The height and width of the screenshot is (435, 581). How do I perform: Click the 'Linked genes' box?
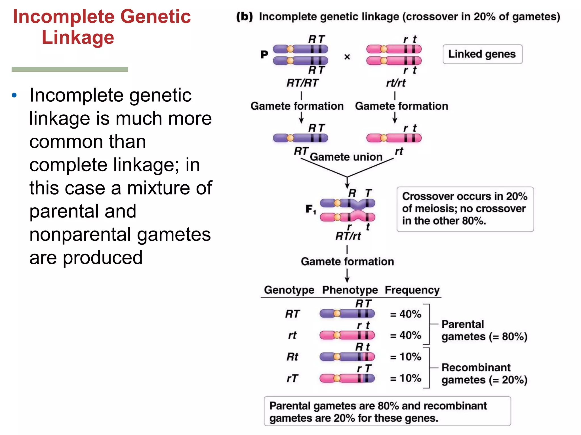[x=482, y=54]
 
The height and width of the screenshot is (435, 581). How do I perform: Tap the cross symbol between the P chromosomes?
[x=347, y=57]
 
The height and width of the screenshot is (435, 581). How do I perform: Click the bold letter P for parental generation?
[x=264, y=54]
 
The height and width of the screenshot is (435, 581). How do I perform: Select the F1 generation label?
[x=311, y=209]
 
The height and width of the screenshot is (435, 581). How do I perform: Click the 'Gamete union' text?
[x=346, y=157]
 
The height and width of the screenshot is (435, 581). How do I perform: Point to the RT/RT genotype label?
[x=302, y=83]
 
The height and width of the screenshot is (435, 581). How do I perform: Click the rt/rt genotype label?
[x=396, y=83]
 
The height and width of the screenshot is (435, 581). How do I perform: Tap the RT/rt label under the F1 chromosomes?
[x=348, y=236]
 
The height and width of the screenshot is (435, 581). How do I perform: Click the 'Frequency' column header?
[x=412, y=290]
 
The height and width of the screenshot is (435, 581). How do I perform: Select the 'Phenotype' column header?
[x=350, y=290]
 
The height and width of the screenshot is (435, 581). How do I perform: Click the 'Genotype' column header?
[x=289, y=290]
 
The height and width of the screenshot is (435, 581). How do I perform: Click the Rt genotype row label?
[x=292, y=357]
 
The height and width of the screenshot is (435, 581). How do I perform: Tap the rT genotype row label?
[x=292, y=378]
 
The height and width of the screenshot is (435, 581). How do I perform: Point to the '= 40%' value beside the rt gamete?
[x=405, y=336]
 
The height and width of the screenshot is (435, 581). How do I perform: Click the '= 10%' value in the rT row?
[x=405, y=378]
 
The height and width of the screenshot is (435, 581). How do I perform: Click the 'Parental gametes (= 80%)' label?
[x=484, y=330]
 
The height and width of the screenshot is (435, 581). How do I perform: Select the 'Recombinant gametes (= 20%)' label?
[x=484, y=374]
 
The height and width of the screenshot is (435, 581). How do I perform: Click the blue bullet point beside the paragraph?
[x=14, y=95]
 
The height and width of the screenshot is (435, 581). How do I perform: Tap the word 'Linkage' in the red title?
[x=78, y=37]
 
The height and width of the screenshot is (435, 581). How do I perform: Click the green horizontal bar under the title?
[x=70, y=69]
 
